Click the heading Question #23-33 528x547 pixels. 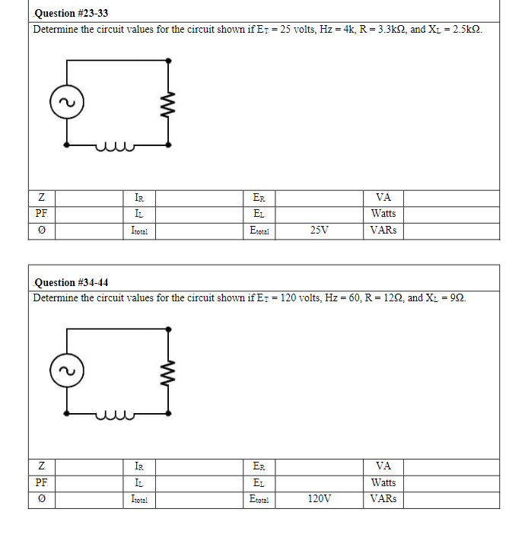65,13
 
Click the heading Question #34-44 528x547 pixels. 65,282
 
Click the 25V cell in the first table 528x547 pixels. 320,230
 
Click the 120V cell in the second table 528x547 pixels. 320,499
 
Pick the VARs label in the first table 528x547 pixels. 383,230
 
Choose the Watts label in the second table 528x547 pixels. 383,482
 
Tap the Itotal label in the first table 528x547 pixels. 139,230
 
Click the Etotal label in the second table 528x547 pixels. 259,499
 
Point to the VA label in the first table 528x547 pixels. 383,197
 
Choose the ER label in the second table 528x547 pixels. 259,466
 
